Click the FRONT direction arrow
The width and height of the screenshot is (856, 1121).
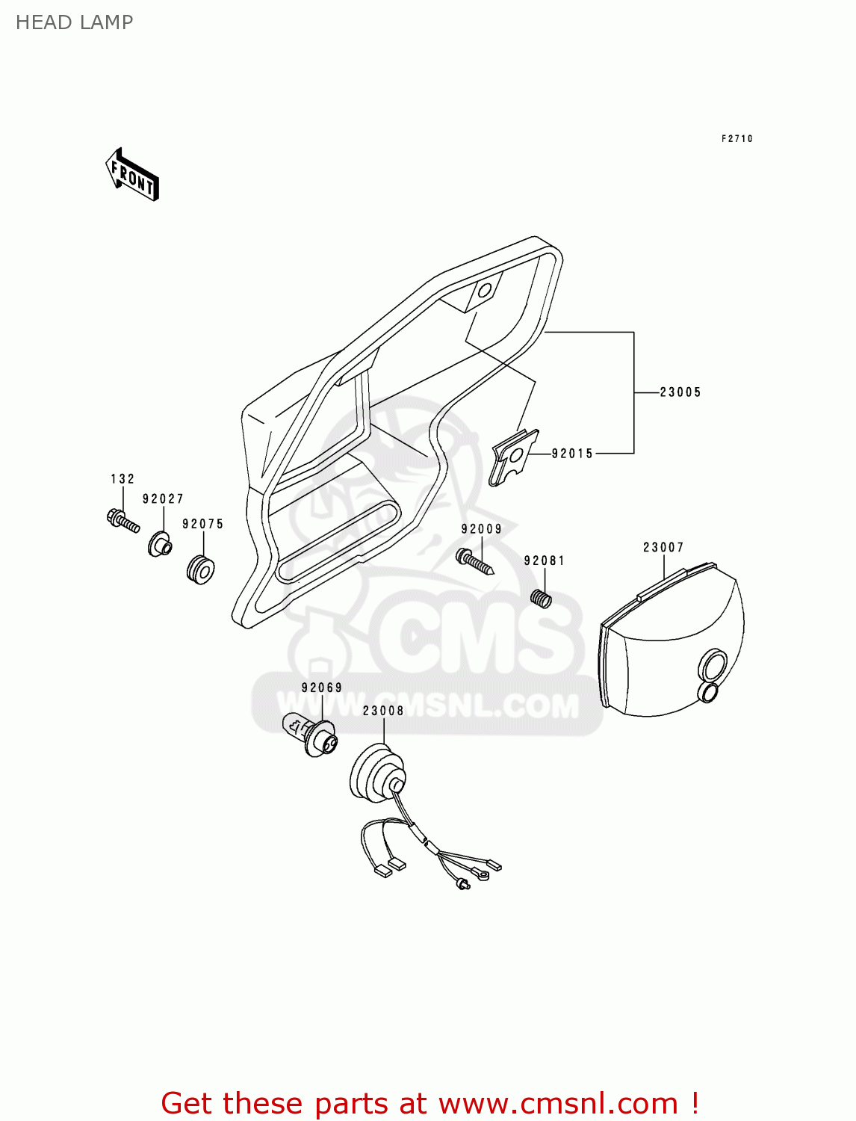133,175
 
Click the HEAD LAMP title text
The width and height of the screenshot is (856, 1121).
74,22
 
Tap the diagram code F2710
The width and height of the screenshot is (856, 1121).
736,138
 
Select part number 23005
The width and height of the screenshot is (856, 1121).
680,392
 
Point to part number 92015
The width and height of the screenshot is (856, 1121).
572,454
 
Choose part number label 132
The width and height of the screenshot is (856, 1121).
122,479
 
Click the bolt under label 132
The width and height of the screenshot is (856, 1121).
123,520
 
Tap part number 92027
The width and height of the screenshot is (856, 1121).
163,499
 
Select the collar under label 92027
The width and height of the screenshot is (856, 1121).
159,544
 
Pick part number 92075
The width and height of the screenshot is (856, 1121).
202,525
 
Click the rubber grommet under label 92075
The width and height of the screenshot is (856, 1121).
200,569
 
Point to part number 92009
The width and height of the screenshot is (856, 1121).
481,529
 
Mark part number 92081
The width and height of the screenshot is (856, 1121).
544,561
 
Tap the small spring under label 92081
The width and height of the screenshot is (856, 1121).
541,598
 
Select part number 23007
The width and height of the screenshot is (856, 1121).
663,548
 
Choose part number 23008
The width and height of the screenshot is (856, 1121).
383,711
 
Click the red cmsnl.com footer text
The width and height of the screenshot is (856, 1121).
430,1103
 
